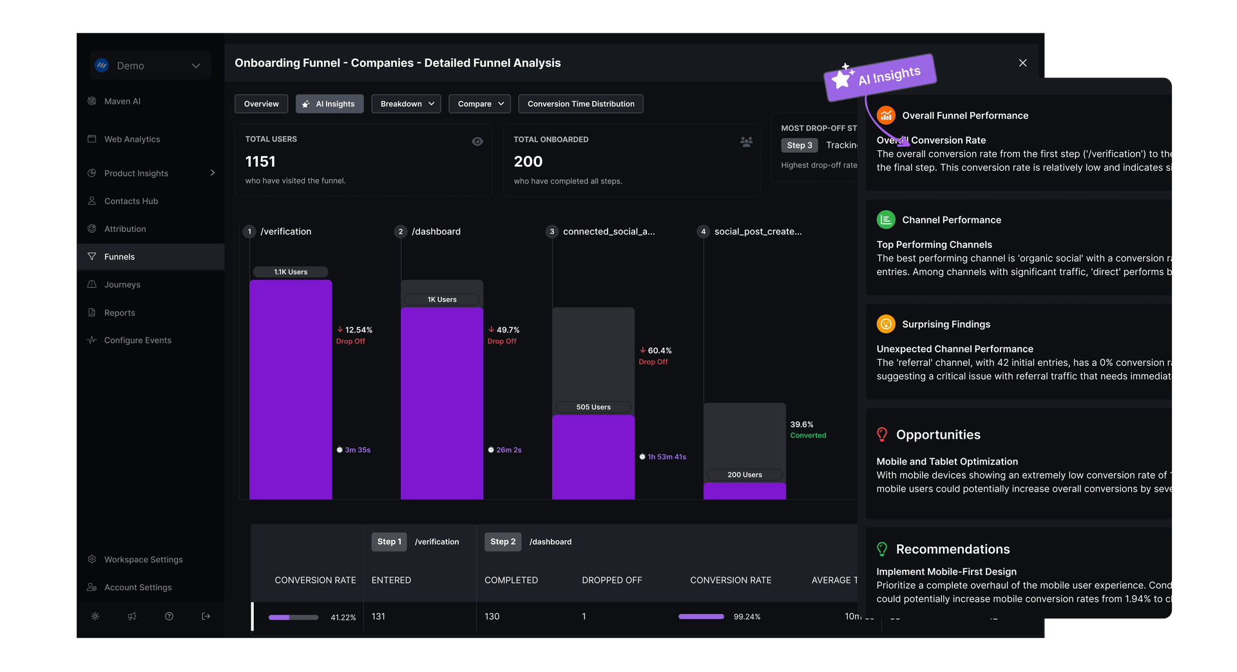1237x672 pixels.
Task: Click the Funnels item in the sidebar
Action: pyautogui.click(x=120, y=256)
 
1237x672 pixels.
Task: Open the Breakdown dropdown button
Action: pyautogui.click(x=407, y=104)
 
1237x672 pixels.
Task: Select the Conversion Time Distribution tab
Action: pyautogui.click(x=580, y=104)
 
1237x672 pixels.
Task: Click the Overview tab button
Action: pyautogui.click(x=261, y=104)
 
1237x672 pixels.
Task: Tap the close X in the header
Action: pyautogui.click(x=1022, y=62)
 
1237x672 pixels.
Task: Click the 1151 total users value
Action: pyautogui.click(x=260, y=162)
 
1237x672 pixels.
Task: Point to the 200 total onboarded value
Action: pyautogui.click(x=528, y=162)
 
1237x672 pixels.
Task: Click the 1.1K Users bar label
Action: pyautogui.click(x=291, y=272)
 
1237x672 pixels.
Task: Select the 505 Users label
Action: pyautogui.click(x=593, y=407)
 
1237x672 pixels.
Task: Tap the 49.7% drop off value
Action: pyautogui.click(x=508, y=330)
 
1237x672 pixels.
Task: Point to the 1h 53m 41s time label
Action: pyautogui.click(x=667, y=457)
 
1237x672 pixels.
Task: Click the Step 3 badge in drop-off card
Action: pyautogui.click(x=800, y=146)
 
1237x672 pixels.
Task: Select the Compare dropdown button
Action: pyautogui.click(x=480, y=104)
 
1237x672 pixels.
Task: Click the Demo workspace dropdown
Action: pyautogui.click(x=151, y=66)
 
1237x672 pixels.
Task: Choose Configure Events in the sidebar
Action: pyautogui.click(x=137, y=340)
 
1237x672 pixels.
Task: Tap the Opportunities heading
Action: pyautogui.click(x=938, y=435)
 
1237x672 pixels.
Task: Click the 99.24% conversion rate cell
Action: pyautogui.click(x=747, y=617)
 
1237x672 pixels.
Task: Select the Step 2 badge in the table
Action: pyautogui.click(x=503, y=542)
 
